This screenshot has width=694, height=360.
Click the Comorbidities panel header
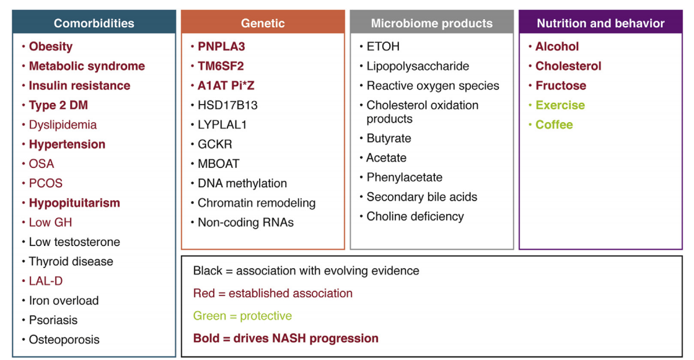(x=94, y=24)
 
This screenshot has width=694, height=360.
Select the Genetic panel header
(x=263, y=24)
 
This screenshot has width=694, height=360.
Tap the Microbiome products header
(x=431, y=24)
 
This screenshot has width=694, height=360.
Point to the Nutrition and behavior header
(x=600, y=24)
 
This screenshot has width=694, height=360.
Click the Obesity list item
(x=50, y=46)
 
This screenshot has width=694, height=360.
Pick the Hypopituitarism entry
(x=74, y=203)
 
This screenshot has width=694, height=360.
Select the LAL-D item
(x=45, y=281)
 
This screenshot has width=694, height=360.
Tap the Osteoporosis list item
(x=64, y=340)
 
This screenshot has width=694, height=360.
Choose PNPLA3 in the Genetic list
(x=221, y=46)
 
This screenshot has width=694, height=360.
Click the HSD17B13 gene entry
(x=227, y=105)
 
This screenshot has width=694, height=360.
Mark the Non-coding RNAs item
(x=245, y=222)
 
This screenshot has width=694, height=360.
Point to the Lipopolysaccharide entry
(x=418, y=66)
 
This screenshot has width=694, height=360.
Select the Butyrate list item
(x=389, y=138)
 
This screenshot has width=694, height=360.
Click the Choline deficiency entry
(x=415, y=216)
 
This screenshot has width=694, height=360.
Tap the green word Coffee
(x=554, y=125)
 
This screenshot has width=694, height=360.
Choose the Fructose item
(x=560, y=86)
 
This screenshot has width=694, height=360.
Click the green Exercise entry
(x=560, y=105)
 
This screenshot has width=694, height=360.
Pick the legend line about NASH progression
(x=286, y=338)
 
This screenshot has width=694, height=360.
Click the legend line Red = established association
(x=273, y=293)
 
